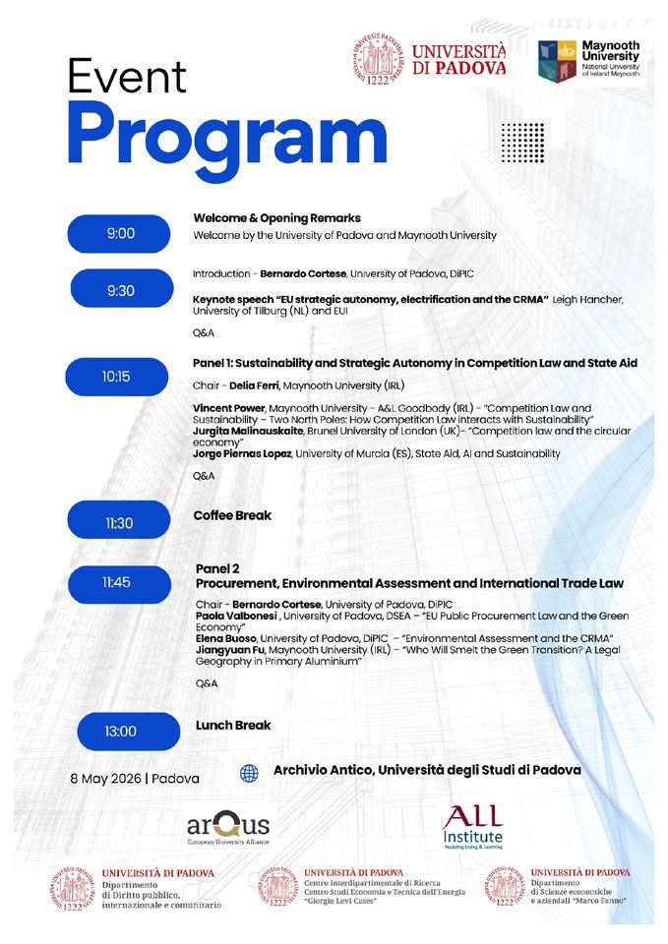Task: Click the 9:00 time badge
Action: (x=120, y=233)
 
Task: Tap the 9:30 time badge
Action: (x=120, y=291)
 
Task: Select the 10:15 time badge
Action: (x=116, y=377)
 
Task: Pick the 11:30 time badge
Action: (x=118, y=522)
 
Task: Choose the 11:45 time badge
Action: (x=116, y=582)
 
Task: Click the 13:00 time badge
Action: (x=120, y=731)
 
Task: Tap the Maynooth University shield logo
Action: (x=555, y=60)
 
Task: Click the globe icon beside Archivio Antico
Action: (x=249, y=774)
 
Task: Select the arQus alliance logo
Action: (x=227, y=824)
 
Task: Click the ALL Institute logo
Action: (x=471, y=824)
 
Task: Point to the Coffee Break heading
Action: (x=233, y=514)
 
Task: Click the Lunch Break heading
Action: (x=233, y=725)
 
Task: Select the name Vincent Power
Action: (x=229, y=407)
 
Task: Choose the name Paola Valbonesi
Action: (x=234, y=615)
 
